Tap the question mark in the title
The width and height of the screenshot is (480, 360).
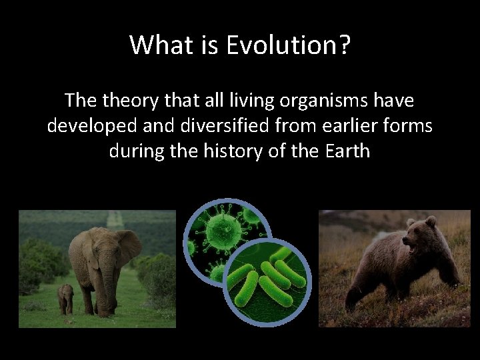pos(344,45)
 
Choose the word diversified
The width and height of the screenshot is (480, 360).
pos(211,126)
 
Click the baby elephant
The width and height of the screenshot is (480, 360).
pos(65,298)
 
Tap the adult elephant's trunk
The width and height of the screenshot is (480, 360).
pos(109,287)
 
